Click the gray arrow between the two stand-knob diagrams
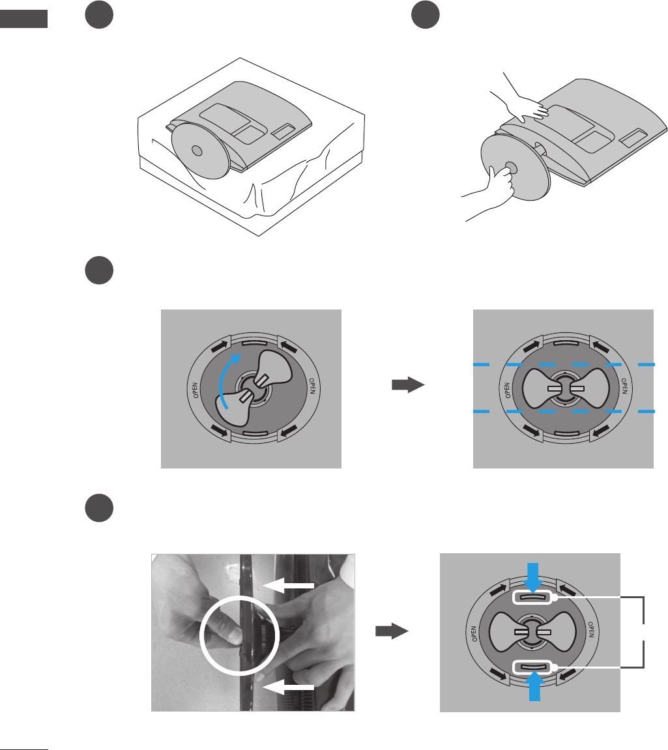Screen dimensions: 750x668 [x=407, y=386]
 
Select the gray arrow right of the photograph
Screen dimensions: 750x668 [x=391, y=631]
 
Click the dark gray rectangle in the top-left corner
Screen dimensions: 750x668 [x=24, y=18]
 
